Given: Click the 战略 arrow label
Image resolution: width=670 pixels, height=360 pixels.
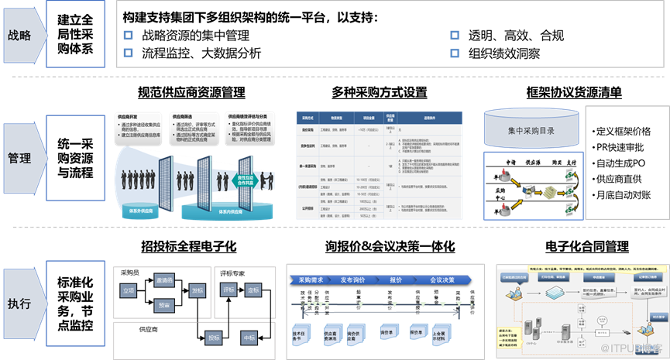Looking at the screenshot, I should (20, 36).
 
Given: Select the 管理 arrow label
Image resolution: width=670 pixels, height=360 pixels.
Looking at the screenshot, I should (20, 158).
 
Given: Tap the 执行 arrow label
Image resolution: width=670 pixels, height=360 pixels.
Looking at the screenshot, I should (20, 303).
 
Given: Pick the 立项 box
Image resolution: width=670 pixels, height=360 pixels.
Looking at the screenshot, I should (129, 290).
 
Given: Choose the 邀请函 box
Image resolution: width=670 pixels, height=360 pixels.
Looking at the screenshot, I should (163, 279).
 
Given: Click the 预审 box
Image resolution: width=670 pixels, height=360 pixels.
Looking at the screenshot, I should (163, 305).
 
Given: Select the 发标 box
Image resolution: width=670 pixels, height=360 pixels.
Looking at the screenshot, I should (198, 290).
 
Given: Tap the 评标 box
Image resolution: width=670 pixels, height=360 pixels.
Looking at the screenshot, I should (229, 290).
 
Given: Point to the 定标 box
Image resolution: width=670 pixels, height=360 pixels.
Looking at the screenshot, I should (253, 290).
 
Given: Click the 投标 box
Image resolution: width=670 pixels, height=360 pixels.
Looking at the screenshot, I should (214, 338).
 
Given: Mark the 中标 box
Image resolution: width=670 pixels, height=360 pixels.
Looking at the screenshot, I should (249, 338).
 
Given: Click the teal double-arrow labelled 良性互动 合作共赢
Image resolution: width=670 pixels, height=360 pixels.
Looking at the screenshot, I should (246, 180).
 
